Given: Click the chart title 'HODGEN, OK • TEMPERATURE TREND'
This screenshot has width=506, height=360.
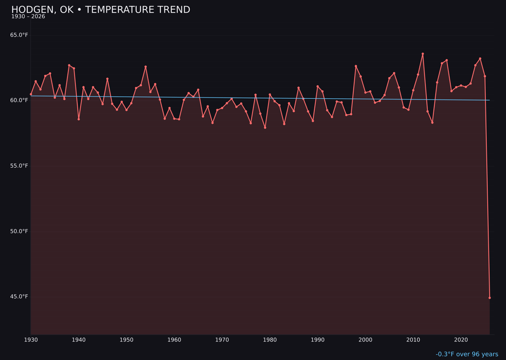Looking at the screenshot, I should click(101, 10).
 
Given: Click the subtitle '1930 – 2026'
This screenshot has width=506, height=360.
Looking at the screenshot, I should click(28, 17).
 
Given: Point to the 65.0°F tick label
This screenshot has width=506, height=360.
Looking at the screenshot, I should click(19, 35).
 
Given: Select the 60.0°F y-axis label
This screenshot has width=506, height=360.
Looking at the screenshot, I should click(19, 100).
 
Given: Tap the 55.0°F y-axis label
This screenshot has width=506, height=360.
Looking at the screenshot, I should click(19, 166).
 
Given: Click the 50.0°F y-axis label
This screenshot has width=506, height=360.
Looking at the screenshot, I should click(19, 231).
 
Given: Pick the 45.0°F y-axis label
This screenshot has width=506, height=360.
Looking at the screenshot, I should click(19, 297).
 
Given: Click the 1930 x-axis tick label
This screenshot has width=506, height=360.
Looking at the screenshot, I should click(31, 340).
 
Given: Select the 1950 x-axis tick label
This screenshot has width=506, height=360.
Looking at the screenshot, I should click(126, 340).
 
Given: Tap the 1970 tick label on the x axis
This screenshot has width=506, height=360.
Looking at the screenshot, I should click(222, 340).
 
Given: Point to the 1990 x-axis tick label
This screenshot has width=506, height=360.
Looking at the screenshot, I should click(318, 340).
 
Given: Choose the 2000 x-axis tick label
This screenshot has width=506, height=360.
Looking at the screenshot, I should click(365, 340).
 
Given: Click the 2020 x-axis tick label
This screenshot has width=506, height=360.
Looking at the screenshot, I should click(461, 340).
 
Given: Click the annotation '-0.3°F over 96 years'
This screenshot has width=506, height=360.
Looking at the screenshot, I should click(467, 354).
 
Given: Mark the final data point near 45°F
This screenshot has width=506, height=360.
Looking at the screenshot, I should click(490, 298).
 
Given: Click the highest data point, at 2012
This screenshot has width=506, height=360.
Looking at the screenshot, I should click(423, 54).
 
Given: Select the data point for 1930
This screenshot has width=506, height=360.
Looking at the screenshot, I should click(31, 94).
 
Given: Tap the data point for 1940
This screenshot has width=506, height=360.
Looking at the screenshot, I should click(79, 119).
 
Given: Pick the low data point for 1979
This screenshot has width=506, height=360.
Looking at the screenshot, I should click(265, 127).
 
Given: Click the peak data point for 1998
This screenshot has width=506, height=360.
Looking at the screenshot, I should click(356, 66).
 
